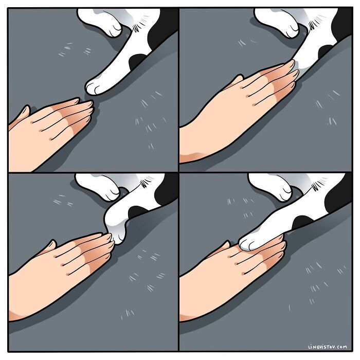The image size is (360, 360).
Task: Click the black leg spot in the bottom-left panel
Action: [139, 211]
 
